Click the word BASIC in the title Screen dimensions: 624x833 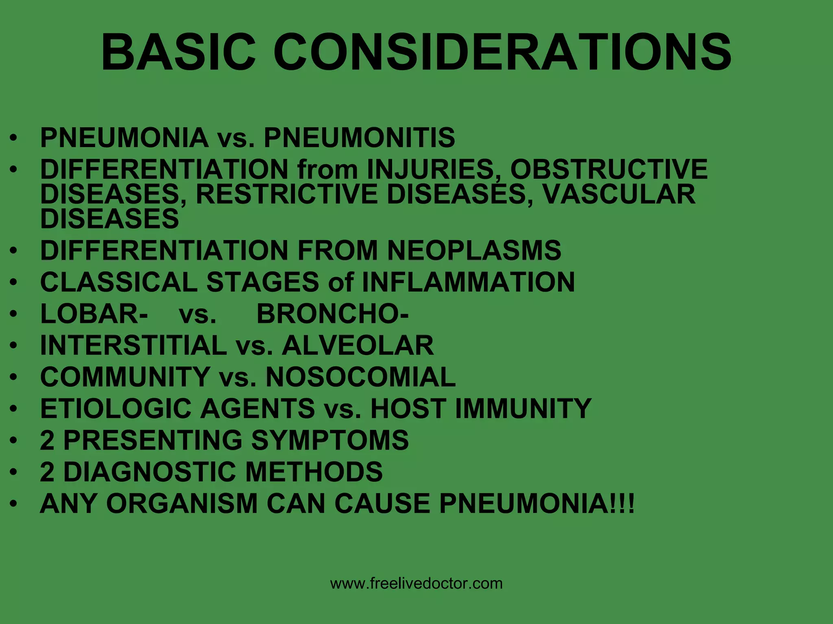point(179,53)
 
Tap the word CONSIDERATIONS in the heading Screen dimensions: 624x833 point(502,53)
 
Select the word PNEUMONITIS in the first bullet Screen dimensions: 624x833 point(359,137)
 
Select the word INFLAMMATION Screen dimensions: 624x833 point(468,282)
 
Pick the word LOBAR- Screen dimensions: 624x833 point(94,314)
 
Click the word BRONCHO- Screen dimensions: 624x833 point(333,314)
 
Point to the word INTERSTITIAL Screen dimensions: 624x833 point(133,345)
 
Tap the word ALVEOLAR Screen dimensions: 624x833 point(358,345)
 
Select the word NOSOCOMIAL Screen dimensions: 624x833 point(360,377)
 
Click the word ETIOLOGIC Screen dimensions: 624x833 point(116,408)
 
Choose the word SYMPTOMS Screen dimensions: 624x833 point(329,440)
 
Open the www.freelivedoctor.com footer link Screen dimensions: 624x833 point(416,583)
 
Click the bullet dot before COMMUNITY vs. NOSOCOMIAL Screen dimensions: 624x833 point(14,377)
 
